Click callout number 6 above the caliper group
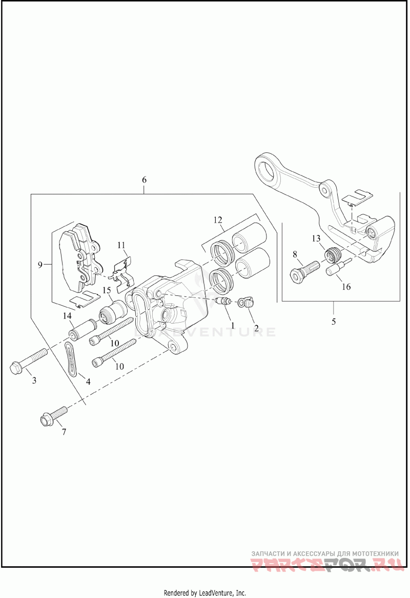[144, 180]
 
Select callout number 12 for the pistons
[218, 221]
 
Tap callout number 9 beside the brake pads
[40, 265]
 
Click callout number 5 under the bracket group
[334, 322]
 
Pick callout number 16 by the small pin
[346, 287]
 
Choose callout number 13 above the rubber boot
[316, 238]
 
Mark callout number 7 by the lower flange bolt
[64, 432]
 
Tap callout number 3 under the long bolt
[34, 380]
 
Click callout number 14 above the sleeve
[68, 316]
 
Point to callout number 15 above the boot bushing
[107, 290]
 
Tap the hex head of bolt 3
[16, 367]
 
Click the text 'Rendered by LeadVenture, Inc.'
[205, 592]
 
